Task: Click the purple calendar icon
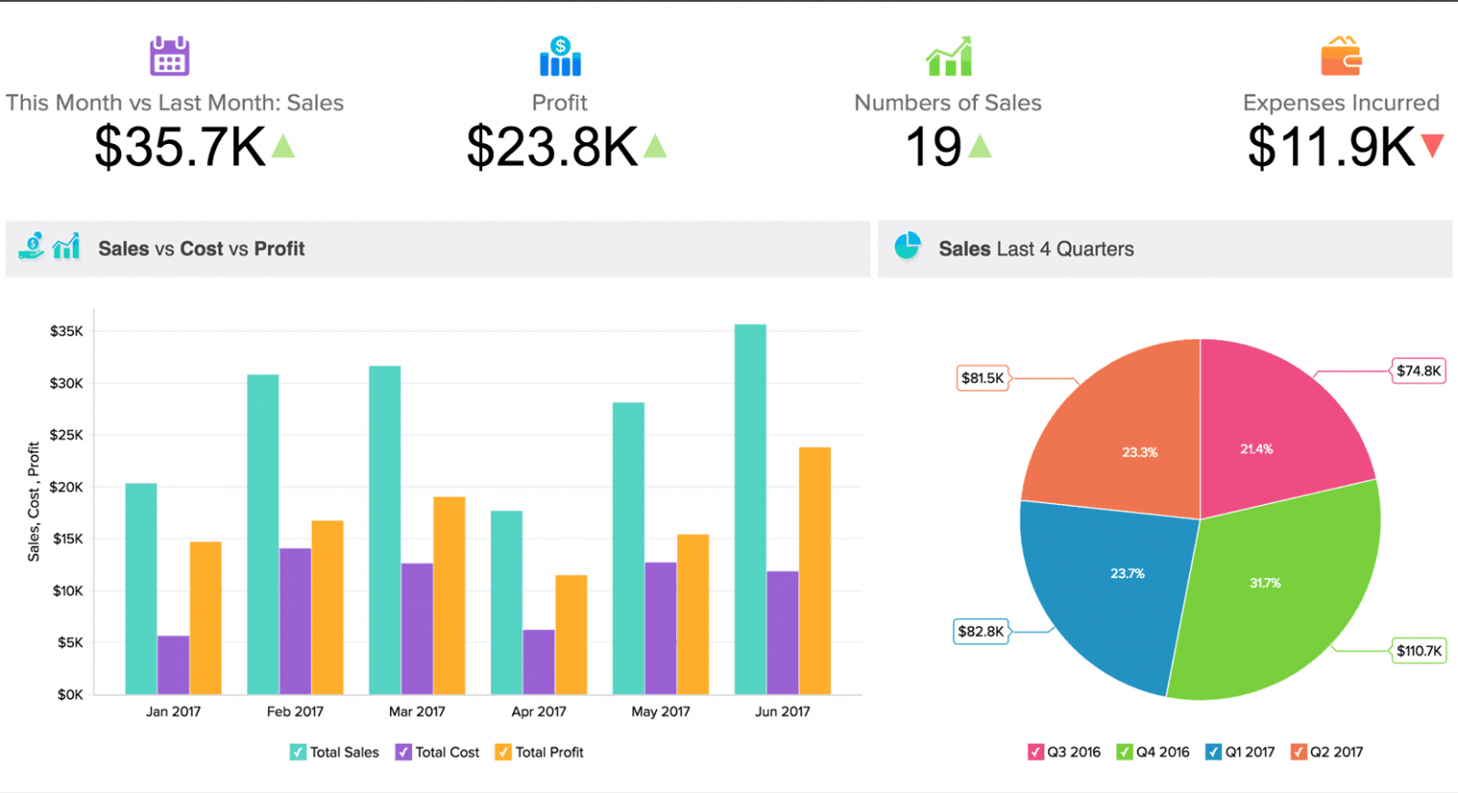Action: (169, 56)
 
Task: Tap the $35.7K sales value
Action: (180, 147)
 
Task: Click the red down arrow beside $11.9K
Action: (1432, 145)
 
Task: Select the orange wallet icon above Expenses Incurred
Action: (1340, 57)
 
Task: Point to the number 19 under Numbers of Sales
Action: (933, 147)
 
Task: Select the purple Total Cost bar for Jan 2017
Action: (173, 664)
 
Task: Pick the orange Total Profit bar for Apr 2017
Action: (571, 634)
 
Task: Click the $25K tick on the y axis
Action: (67, 435)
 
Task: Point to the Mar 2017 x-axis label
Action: (416, 712)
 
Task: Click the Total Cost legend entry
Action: (437, 752)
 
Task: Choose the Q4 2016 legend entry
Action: (1154, 752)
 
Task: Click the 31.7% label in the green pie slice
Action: (1265, 583)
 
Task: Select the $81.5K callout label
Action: (982, 377)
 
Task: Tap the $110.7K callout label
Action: (1419, 651)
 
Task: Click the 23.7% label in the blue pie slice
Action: (1127, 573)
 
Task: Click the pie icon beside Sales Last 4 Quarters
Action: (908, 246)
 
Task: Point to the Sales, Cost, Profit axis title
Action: (34, 501)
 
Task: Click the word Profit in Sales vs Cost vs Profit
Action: (279, 249)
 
